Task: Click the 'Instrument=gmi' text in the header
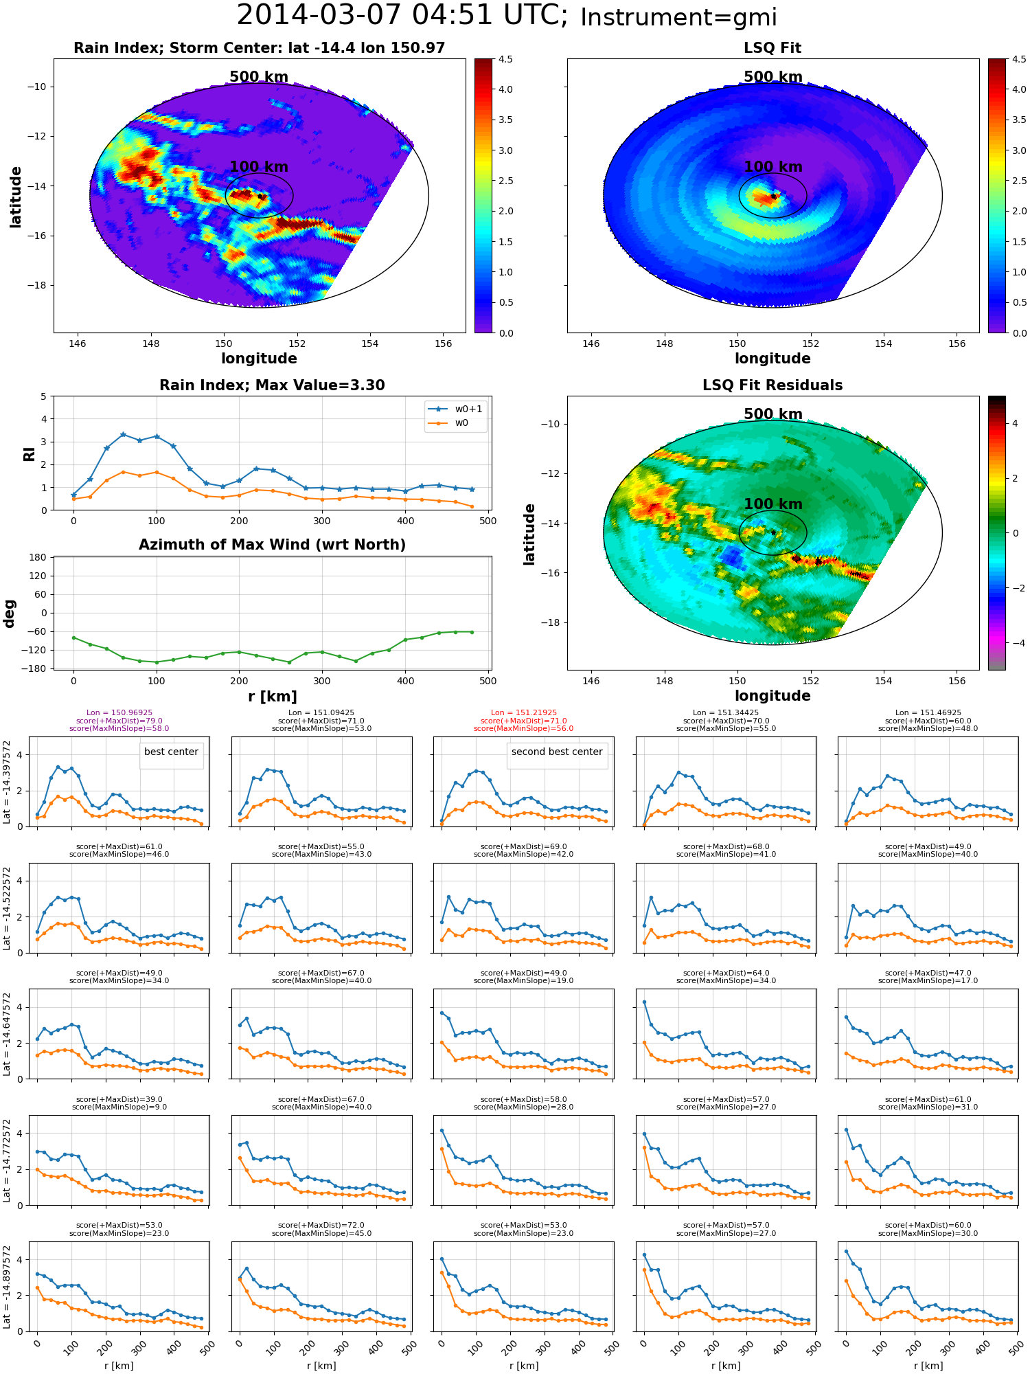pos(678,18)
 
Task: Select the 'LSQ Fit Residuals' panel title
pos(772,385)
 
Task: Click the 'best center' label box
pos(171,752)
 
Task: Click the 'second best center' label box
pos(557,752)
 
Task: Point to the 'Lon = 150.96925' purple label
pos(119,713)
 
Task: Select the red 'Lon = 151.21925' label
pos(524,713)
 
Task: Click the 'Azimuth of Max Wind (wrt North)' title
pos(272,545)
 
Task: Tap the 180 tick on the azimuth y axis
pos(38,557)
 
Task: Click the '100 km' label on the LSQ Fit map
pos(773,167)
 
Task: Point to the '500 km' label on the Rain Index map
pos(259,77)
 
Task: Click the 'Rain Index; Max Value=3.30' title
pos(272,385)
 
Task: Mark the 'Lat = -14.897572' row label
pos(7,1287)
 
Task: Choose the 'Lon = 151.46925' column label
pos(928,713)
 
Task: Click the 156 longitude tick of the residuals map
pos(957,681)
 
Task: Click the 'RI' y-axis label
pos(30,454)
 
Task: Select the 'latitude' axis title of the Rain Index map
pos(16,196)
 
